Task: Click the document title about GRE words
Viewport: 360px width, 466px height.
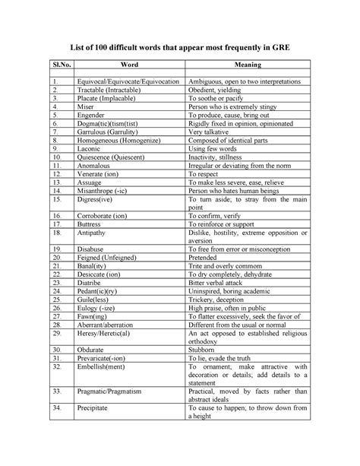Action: (x=180, y=47)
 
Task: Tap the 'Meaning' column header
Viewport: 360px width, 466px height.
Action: (x=248, y=65)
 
